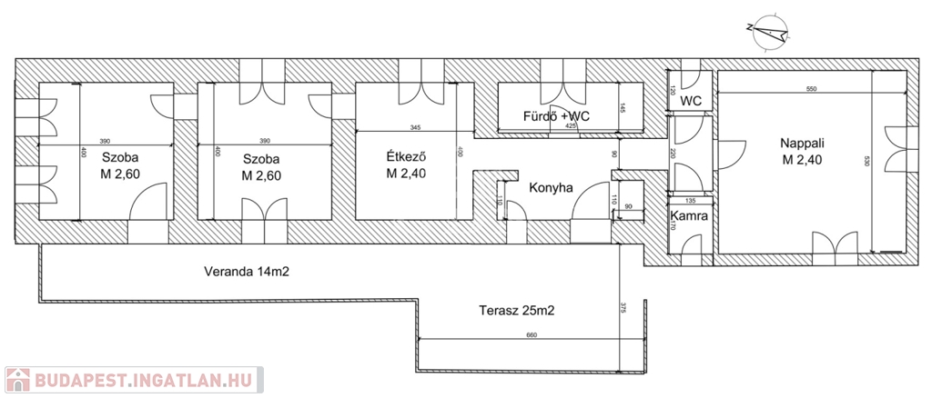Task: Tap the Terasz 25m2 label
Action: tap(516, 310)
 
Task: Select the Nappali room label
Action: tap(800, 143)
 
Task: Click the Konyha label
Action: tap(551, 188)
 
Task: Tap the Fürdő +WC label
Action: tap(557, 116)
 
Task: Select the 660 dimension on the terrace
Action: tap(532, 336)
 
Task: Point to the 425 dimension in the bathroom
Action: tap(571, 126)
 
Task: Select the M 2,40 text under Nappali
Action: tap(800, 161)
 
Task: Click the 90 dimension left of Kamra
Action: tap(628, 208)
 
